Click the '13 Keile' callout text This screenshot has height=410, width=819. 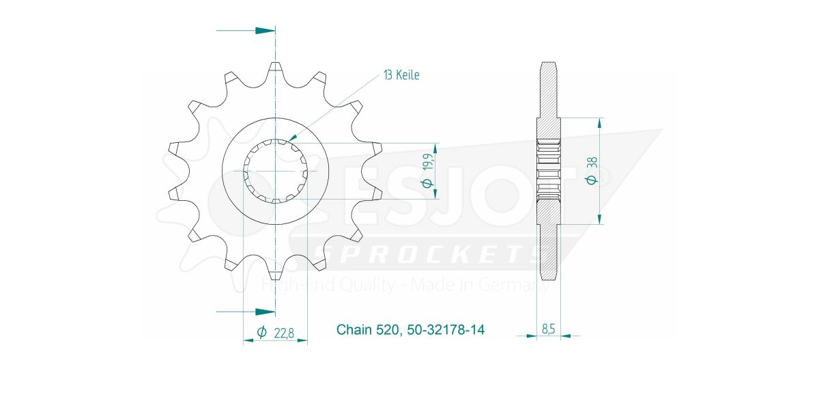point(401,75)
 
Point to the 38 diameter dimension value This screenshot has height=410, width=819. point(592,162)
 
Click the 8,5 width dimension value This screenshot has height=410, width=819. point(548,329)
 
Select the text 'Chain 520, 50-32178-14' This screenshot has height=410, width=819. point(410,330)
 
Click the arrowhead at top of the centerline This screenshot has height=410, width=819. point(265,30)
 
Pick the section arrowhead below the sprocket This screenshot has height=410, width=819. point(265,312)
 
